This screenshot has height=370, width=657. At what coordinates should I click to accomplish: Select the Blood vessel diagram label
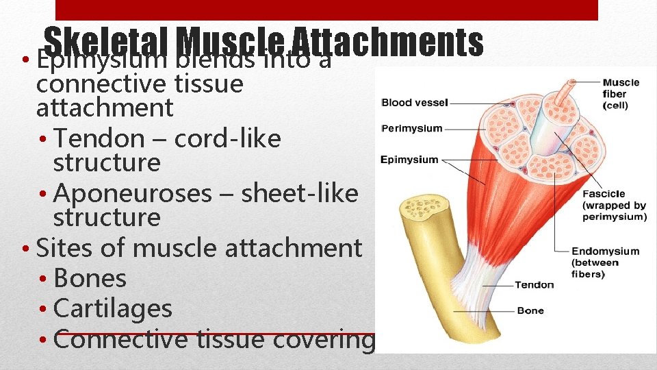pos(414,103)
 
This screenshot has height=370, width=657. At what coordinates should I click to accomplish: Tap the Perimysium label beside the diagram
pos(411,128)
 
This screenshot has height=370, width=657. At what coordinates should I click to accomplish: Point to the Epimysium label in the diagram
pos(409,160)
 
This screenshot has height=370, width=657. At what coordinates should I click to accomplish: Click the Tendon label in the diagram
pos(534,284)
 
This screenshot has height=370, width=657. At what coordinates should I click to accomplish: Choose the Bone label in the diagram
pos(530,310)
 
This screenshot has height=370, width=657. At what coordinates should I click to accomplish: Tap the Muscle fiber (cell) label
pos(621,94)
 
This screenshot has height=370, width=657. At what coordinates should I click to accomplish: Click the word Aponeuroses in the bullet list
pos(133,194)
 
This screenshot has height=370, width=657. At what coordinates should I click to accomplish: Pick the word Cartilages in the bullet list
pos(112,308)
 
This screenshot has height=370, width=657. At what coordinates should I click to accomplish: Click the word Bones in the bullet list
pos(90,278)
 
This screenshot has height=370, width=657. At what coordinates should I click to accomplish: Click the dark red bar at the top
pos(326,10)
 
